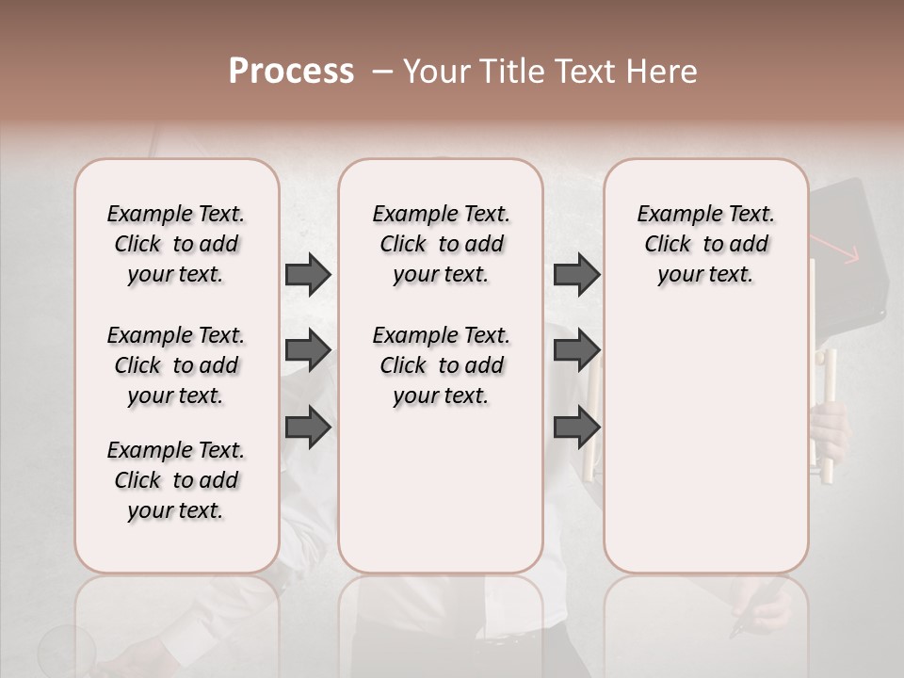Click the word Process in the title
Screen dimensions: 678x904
pyautogui.click(x=291, y=72)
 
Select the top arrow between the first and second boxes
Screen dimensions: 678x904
pyautogui.click(x=308, y=275)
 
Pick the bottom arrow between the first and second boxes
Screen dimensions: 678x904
pyautogui.click(x=308, y=427)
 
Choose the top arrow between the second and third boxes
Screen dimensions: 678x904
pyautogui.click(x=576, y=275)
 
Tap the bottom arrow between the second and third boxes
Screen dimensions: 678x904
pyautogui.click(x=576, y=427)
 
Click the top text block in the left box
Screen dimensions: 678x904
pyautogui.click(x=176, y=244)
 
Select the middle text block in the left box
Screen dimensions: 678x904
pyautogui.click(x=176, y=365)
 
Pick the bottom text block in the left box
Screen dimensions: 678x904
pyautogui.click(x=176, y=480)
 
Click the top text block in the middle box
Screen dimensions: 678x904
pyautogui.click(x=442, y=244)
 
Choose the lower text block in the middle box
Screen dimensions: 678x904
pyautogui.click(x=442, y=365)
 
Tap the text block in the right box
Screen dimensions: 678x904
pyautogui.click(x=706, y=244)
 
